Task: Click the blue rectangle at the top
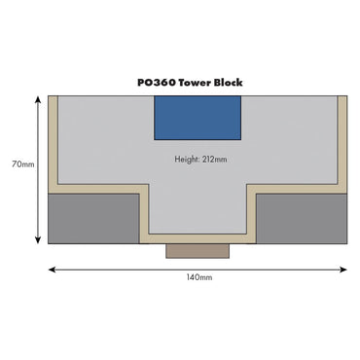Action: (x=198, y=118)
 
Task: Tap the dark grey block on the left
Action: (x=95, y=217)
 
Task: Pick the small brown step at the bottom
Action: (x=198, y=251)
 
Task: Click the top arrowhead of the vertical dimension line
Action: (x=38, y=99)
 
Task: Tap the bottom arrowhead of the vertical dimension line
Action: (x=38, y=240)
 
